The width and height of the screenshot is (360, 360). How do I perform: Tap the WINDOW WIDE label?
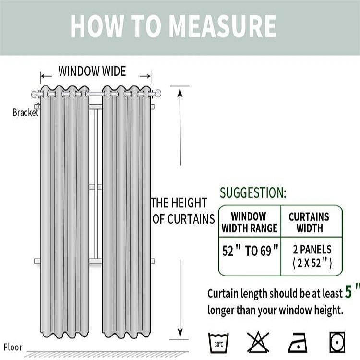coord(92,72)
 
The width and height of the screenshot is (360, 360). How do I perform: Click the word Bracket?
coord(25,113)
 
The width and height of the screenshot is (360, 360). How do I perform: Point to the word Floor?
coord(13,347)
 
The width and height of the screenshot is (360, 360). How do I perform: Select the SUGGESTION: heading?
coord(253,193)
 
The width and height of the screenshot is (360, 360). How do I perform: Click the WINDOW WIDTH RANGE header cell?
coord(249,222)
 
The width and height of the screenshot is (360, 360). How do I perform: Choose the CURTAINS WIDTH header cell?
coord(309,222)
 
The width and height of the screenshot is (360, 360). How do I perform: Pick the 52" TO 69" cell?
coord(250,251)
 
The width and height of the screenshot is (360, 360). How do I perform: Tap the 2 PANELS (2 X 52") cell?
coord(312,256)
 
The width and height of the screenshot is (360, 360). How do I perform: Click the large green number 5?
coord(351,291)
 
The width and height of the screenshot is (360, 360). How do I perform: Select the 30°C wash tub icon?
coord(218,342)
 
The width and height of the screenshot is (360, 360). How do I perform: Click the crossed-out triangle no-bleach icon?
coord(258,342)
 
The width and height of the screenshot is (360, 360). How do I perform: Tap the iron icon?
coord(298,342)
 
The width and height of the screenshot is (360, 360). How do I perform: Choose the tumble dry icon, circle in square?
coord(337,342)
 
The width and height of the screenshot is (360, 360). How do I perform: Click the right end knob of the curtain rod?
coord(157,93)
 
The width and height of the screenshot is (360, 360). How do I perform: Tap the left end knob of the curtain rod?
coord(35,94)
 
